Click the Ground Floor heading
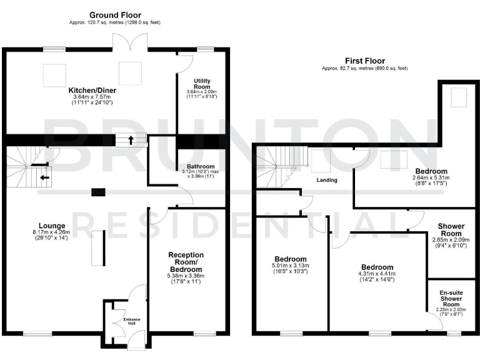(115, 14)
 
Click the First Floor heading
(365, 61)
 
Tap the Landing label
(327, 180)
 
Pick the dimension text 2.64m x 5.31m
(431, 178)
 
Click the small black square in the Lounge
(96, 192)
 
